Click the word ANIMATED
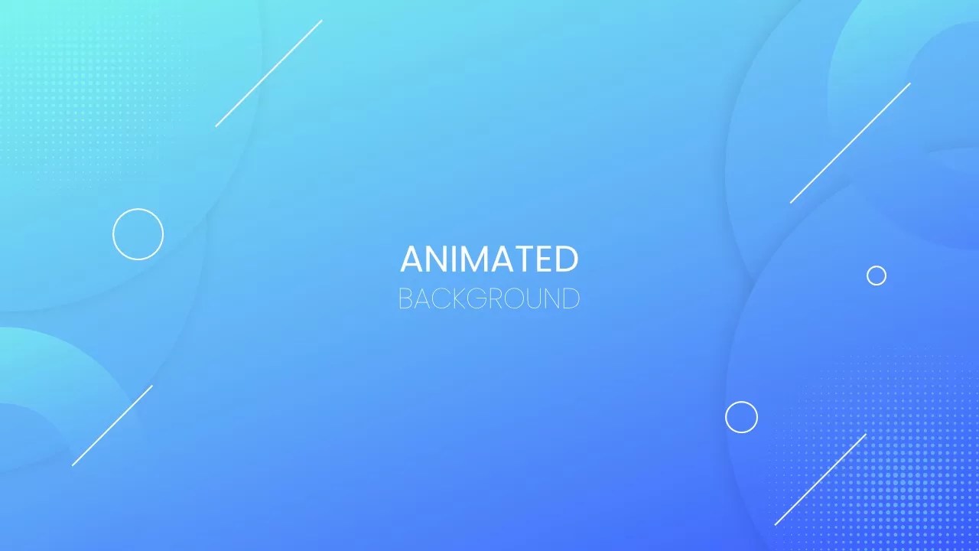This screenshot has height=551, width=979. click(489, 259)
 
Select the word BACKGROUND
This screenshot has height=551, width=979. click(489, 298)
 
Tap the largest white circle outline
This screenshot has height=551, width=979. click(138, 233)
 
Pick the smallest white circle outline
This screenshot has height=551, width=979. click(877, 275)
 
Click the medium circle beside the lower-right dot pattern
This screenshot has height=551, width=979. click(741, 417)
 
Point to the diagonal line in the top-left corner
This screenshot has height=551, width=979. click(268, 73)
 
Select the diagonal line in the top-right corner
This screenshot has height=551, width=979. click(850, 143)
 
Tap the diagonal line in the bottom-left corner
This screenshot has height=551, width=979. click(112, 425)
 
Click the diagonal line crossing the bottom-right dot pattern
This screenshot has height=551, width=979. click(820, 479)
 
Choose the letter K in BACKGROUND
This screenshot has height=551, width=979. click(457, 298)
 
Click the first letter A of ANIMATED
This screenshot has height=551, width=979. click(412, 259)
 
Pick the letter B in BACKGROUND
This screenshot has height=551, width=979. click(405, 298)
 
